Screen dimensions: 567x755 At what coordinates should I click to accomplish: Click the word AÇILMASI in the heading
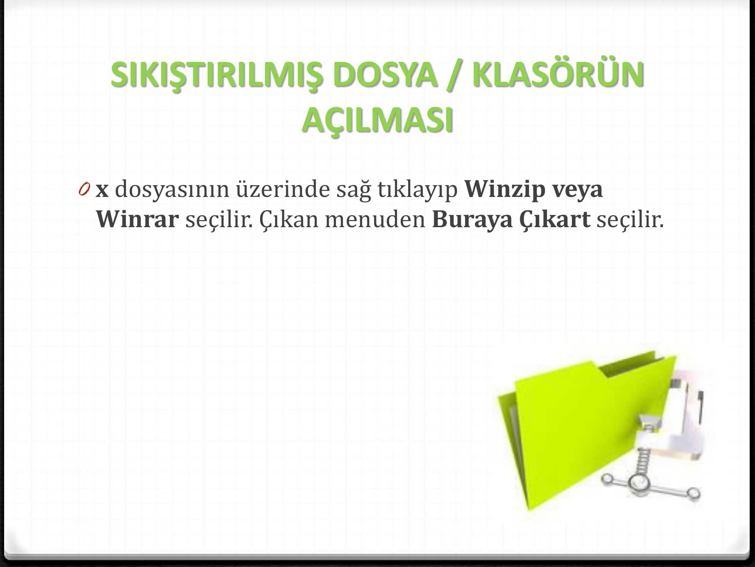[x=377, y=120]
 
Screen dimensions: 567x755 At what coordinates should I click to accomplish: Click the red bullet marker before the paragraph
[x=85, y=187]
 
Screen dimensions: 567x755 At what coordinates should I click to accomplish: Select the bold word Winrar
[x=137, y=219]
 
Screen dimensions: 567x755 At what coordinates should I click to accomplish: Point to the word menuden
[x=375, y=219]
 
